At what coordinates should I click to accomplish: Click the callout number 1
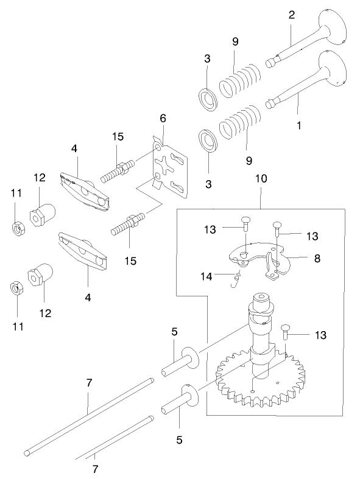pyautogui.click(x=298, y=126)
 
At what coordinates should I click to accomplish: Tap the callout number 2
pyautogui.click(x=292, y=14)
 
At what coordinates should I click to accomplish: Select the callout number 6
pyautogui.click(x=163, y=118)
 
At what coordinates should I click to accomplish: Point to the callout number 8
pyautogui.click(x=317, y=257)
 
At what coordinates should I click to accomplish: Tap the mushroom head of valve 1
pyautogui.click(x=334, y=68)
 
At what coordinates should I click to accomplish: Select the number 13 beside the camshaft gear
pyautogui.click(x=320, y=335)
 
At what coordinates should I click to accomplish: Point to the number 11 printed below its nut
pyautogui.click(x=18, y=326)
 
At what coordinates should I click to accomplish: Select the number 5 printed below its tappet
pyautogui.click(x=180, y=438)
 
